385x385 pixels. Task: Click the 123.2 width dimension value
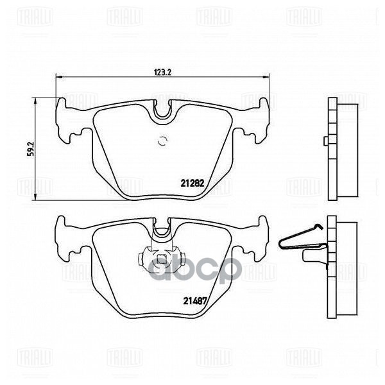pos(161,72)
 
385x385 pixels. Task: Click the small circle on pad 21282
pos(162,142)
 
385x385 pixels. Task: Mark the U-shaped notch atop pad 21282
pos(163,111)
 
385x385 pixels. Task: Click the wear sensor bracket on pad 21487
pos(162,257)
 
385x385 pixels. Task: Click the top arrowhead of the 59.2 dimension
pos(34,101)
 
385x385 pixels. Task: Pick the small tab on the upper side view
pos(326,140)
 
